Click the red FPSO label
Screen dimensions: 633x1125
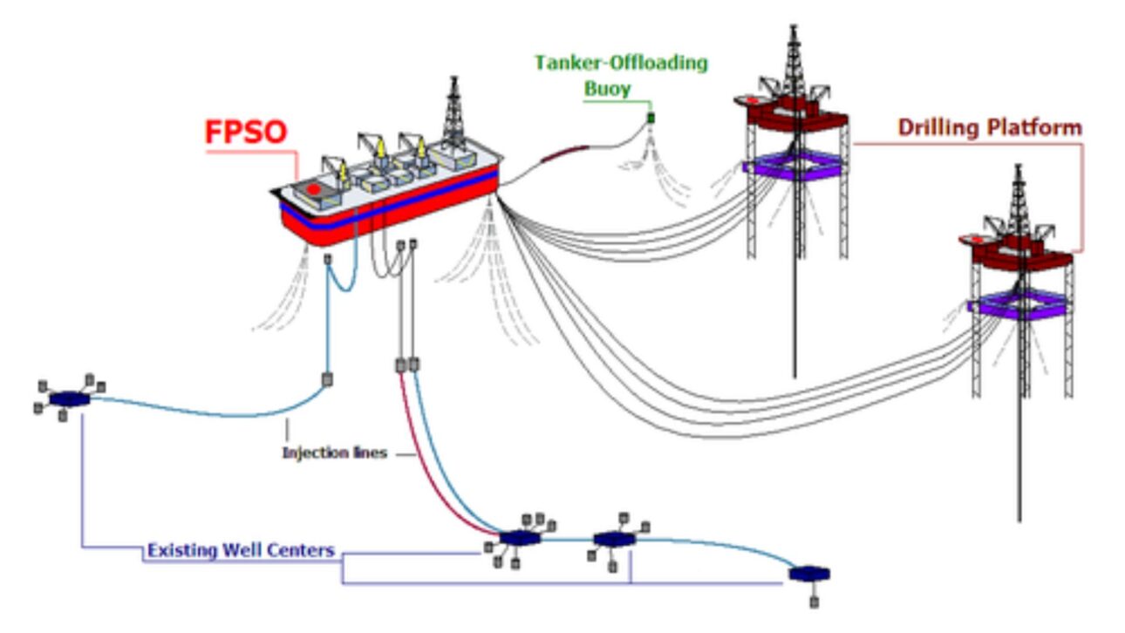point(245,133)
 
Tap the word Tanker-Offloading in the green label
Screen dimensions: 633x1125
point(621,64)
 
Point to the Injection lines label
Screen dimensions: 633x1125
point(334,453)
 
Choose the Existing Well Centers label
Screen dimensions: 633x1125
point(241,551)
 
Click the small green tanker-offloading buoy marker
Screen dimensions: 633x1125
point(650,117)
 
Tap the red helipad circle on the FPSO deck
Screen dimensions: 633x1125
point(313,189)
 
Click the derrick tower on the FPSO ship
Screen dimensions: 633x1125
point(453,113)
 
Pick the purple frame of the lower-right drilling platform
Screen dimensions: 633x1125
point(1020,304)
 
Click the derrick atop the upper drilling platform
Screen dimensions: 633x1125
point(793,61)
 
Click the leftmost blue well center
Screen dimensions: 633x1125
point(69,398)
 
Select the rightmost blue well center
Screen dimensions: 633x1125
point(808,574)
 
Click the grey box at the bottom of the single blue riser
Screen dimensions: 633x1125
point(329,380)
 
